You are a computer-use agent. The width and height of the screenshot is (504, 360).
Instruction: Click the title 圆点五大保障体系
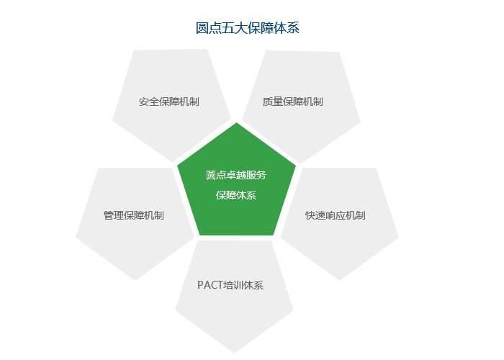point(248,28)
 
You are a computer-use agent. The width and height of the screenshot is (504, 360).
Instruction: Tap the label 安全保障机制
point(169,102)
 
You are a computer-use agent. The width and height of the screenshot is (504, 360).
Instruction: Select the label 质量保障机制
point(292,102)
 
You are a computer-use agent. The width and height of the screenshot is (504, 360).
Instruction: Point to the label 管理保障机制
point(134,215)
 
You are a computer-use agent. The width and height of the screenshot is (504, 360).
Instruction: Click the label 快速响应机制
point(336,215)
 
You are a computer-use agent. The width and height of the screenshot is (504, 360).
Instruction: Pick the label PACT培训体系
point(230,285)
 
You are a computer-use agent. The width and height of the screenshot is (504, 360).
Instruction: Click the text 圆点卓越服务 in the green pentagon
point(236,175)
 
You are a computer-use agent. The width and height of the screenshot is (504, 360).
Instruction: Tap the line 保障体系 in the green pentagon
point(236,195)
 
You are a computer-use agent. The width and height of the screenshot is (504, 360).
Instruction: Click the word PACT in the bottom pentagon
point(210,285)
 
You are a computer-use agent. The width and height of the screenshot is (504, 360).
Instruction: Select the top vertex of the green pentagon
point(237,123)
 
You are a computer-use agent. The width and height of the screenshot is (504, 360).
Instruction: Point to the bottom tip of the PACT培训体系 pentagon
point(234,353)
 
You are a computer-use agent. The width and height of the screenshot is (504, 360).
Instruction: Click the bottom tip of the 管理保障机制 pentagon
point(135,280)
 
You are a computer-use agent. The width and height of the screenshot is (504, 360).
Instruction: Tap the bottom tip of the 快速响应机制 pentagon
point(339,280)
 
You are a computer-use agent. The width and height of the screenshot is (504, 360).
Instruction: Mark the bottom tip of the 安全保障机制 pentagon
point(173,162)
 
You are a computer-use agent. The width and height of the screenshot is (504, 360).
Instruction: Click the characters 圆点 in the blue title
point(209,28)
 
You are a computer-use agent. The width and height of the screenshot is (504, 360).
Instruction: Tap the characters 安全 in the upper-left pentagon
point(149,102)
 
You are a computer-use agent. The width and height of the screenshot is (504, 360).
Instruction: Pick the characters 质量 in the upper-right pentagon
point(272,102)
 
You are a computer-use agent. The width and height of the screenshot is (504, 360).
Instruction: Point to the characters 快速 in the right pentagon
point(315,215)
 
